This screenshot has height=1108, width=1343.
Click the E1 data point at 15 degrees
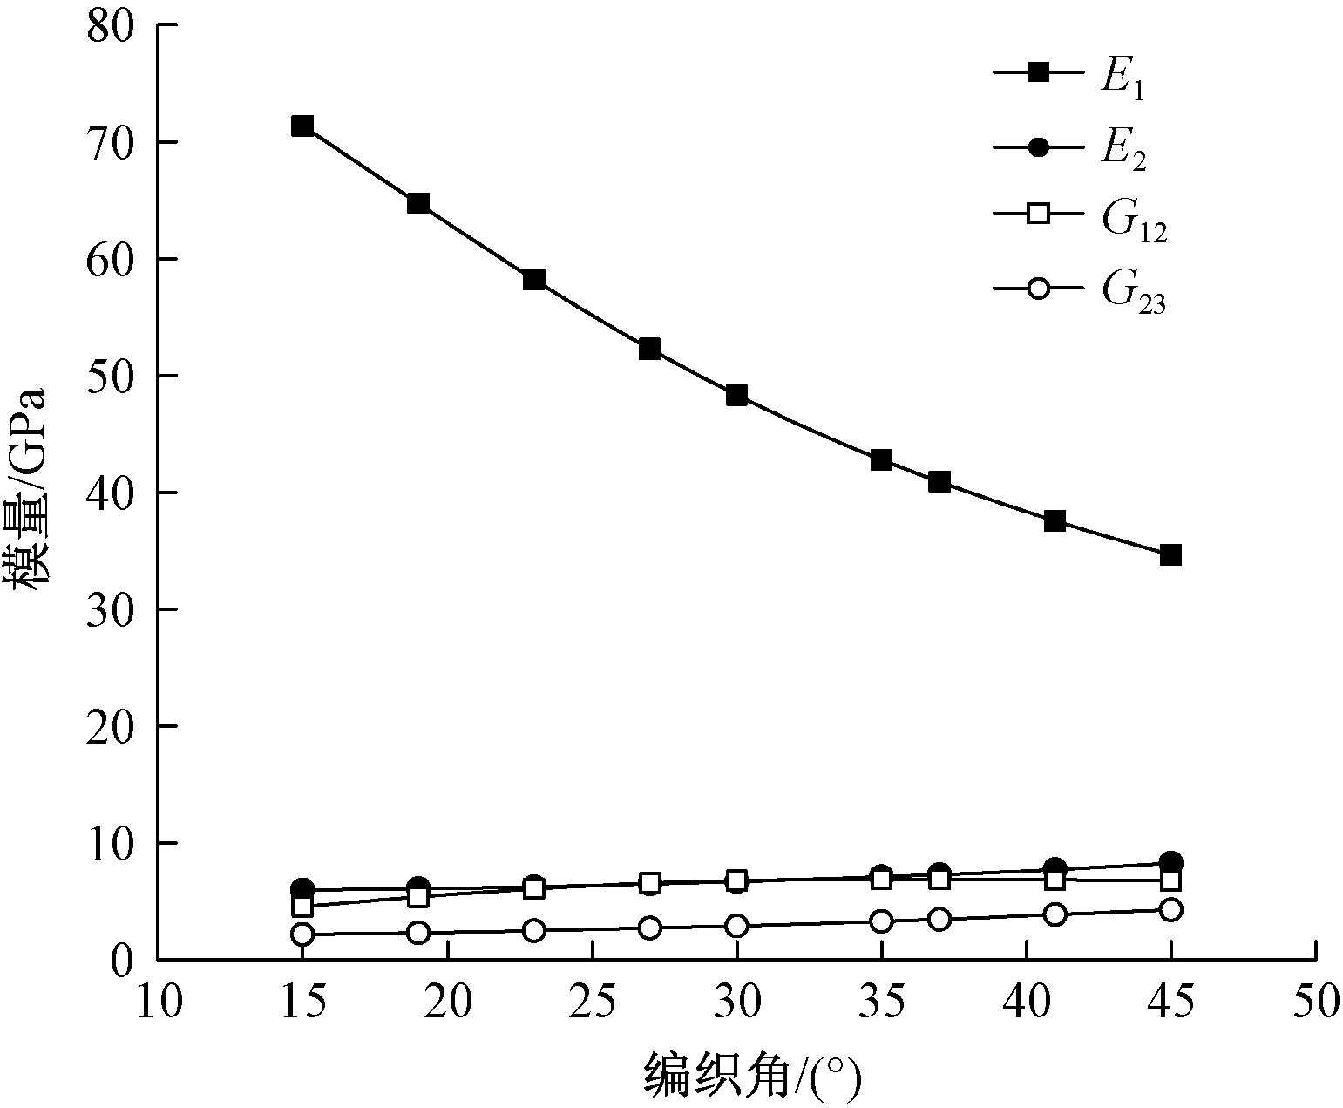pyautogui.click(x=302, y=126)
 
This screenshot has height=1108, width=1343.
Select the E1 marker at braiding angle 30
pyautogui.click(x=736, y=395)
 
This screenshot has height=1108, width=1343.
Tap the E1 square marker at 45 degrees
pyautogui.click(x=1170, y=554)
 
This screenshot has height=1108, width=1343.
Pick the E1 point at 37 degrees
pyautogui.click(x=939, y=482)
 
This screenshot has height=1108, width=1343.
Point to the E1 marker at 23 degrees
pyautogui.click(x=534, y=279)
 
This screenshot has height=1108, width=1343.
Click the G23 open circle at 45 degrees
pyautogui.click(x=1170, y=909)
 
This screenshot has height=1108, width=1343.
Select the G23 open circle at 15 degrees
pyautogui.click(x=302, y=934)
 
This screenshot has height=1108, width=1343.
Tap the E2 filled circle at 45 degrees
pyautogui.click(x=1170, y=862)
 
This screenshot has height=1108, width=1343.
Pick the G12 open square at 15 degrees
pyautogui.click(x=302, y=907)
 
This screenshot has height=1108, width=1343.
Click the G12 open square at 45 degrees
pyautogui.click(x=1170, y=880)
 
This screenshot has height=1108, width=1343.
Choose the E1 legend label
pyautogui.click(x=1121, y=79)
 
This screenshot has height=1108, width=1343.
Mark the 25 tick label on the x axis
pyautogui.click(x=593, y=1002)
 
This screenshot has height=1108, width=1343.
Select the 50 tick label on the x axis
pyautogui.click(x=1314, y=1002)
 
